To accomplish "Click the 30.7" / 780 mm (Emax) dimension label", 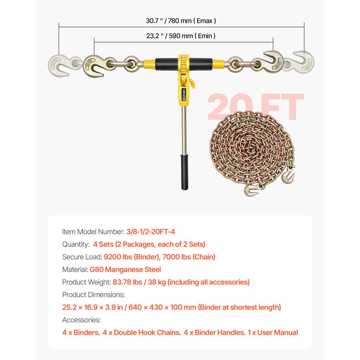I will pos(181,21).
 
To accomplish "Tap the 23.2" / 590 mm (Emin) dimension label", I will pos(181,36).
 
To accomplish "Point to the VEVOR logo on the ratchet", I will pos(184,95).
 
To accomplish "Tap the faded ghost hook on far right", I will pos(303,61).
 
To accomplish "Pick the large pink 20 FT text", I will pos(255,107).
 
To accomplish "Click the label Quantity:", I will pos(76,244).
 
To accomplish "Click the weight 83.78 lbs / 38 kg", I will pos(135,282).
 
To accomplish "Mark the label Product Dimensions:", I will pos(94,294).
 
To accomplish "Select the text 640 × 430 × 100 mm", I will pos(159,307).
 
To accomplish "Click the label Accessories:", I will pos(81,320).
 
